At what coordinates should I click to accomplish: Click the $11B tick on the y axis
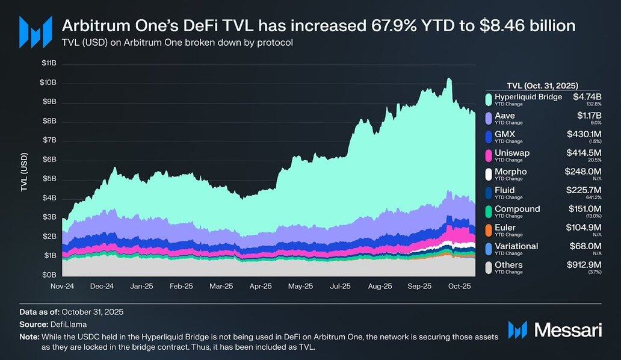(49, 63)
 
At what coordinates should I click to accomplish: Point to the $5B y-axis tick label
(49, 179)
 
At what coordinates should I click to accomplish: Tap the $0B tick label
(49, 275)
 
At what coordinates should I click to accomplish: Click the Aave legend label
(504, 116)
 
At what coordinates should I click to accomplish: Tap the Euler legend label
(504, 228)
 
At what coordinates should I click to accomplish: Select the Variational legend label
(516, 246)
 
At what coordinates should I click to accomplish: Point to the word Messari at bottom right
(563, 329)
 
